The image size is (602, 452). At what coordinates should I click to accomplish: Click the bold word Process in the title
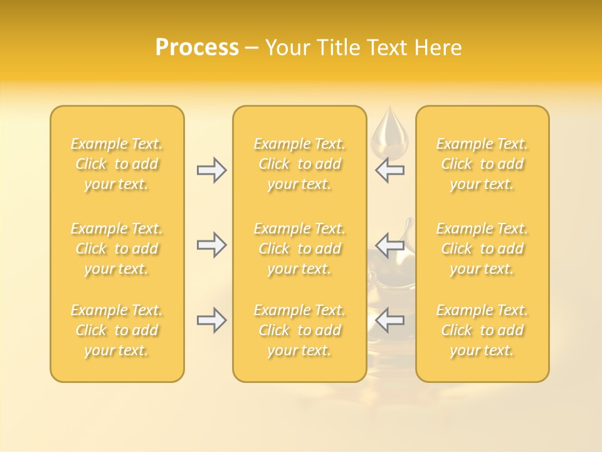click(197, 48)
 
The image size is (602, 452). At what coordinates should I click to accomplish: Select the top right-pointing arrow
click(211, 169)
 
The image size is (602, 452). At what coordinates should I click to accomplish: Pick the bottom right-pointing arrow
click(211, 320)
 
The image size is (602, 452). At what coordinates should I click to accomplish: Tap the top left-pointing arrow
click(389, 169)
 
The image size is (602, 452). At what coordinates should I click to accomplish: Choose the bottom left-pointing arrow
click(389, 320)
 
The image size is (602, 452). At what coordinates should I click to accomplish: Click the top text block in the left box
click(117, 164)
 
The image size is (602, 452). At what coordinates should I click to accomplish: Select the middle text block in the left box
click(117, 249)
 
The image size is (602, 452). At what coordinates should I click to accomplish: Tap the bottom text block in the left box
click(117, 330)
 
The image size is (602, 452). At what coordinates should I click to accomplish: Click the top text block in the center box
click(300, 164)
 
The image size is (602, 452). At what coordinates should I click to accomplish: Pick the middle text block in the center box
click(300, 249)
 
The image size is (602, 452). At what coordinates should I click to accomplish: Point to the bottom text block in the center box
click(300, 330)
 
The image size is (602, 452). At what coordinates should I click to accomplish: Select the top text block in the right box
click(482, 164)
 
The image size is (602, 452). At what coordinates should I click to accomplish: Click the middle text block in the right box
click(482, 249)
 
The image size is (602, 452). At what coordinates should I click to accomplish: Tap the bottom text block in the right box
click(482, 330)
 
